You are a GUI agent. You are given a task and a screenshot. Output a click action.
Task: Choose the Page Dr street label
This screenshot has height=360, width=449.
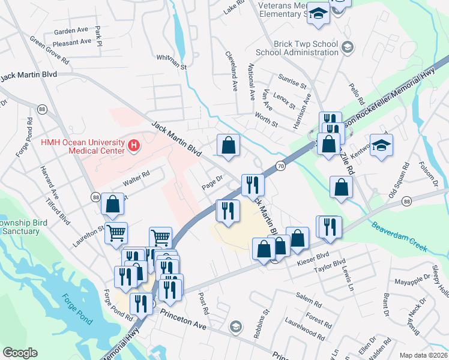coord(212,182)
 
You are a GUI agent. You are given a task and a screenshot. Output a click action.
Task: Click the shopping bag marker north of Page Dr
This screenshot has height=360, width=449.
coord(228,145)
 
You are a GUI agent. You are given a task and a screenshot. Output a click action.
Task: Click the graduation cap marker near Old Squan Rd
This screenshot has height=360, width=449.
coord(381,145)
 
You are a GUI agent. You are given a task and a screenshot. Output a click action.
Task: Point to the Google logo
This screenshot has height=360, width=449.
coord(20,353)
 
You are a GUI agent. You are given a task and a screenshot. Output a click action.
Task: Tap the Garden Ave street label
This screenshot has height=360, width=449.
coord(71,31)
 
